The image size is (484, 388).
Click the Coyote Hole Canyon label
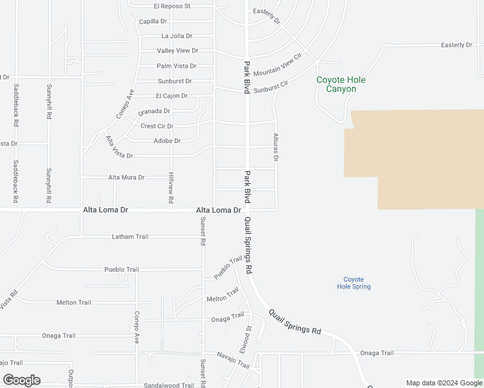[x=340, y=85]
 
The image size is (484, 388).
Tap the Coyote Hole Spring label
[x=353, y=283]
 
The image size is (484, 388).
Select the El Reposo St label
[x=172, y=6]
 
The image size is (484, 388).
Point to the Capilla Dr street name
[x=153, y=21]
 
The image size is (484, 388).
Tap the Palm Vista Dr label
[x=176, y=66]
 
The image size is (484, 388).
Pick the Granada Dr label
[x=154, y=111]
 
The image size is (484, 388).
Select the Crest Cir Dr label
[x=157, y=126]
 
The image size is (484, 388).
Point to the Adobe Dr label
[x=167, y=141]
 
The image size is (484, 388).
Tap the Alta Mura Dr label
[x=126, y=177]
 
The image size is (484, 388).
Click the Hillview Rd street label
[x=171, y=188]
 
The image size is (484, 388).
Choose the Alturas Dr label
[x=276, y=148]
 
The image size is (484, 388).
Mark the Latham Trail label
[x=130, y=237]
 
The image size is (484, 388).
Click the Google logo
[x=21, y=380]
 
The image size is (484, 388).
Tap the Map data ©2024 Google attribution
[x=444, y=383]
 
